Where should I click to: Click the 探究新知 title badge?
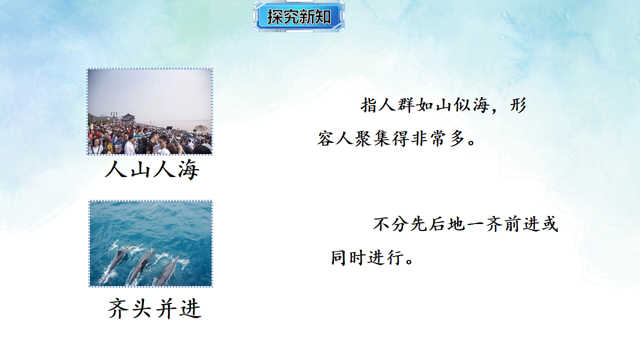click(x=299, y=17)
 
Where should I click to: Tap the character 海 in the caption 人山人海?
click(x=187, y=170)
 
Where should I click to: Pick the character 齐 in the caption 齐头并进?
click(x=118, y=308)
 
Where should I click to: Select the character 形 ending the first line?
click(x=517, y=105)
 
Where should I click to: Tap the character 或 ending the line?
click(x=549, y=225)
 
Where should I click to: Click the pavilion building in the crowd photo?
click(x=128, y=117)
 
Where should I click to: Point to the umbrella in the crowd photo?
click(x=201, y=129)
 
